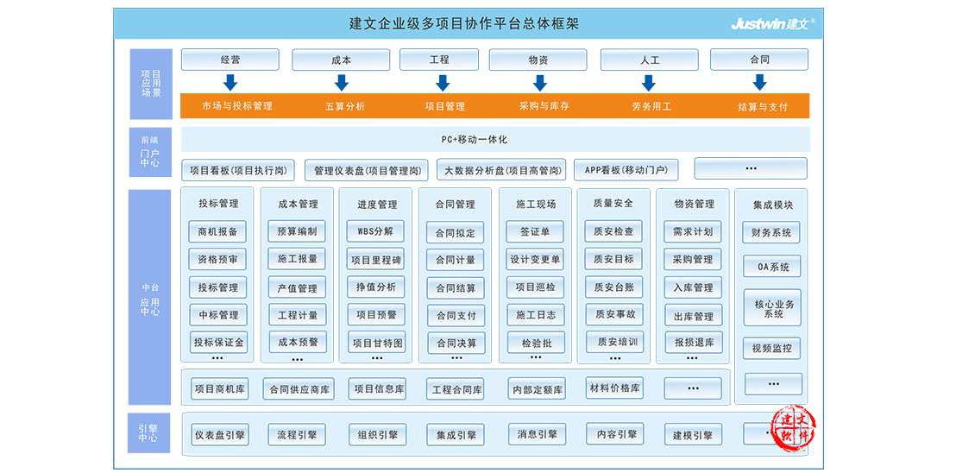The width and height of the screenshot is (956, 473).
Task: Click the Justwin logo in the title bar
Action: click(x=773, y=24)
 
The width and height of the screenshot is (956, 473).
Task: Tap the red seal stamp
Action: click(x=793, y=430)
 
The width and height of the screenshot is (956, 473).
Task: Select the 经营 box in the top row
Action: click(x=230, y=60)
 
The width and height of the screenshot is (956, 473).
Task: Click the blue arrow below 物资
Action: click(x=539, y=82)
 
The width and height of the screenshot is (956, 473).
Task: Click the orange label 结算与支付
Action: click(x=763, y=107)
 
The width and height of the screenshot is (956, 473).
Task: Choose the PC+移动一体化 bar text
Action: click(x=475, y=140)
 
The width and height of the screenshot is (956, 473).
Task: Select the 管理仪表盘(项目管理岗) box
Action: click(x=367, y=171)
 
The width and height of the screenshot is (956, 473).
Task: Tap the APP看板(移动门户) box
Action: click(x=626, y=170)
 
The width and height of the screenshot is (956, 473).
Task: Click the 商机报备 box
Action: click(x=217, y=232)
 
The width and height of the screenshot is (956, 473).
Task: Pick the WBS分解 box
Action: click(x=375, y=231)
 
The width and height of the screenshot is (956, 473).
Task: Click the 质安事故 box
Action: click(x=615, y=314)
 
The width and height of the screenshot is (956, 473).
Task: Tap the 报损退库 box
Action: click(x=693, y=342)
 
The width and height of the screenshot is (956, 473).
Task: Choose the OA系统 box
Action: click(x=772, y=267)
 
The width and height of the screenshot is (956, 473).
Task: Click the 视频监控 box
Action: click(x=772, y=348)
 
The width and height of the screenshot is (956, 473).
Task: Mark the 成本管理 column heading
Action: click(x=298, y=205)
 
